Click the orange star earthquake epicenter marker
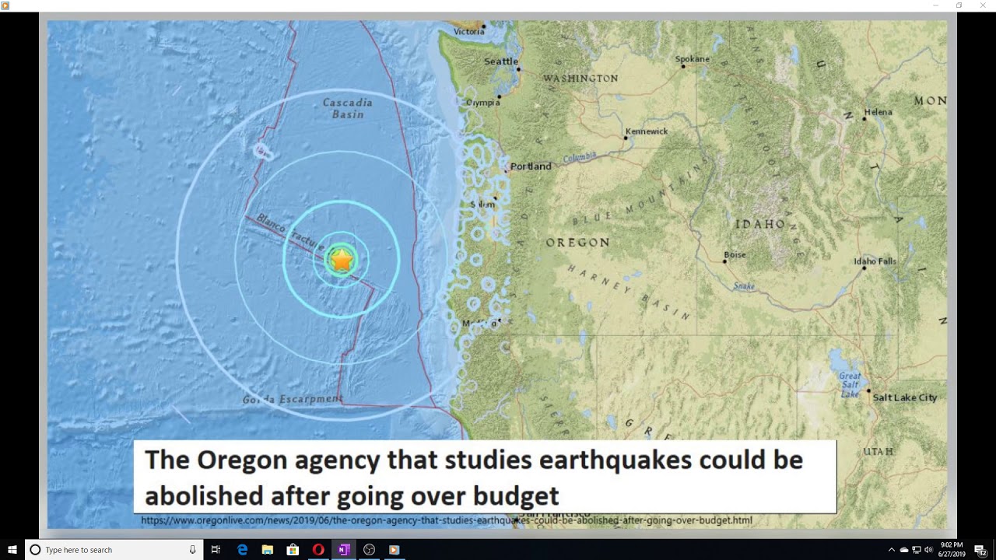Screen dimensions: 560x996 click(342, 261)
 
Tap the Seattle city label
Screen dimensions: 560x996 click(500, 61)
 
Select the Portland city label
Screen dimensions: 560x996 click(531, 166)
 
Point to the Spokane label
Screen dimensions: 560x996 click(692, 59)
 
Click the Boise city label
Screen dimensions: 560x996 click(735, 255)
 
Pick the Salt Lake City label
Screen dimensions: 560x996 click(904, 397)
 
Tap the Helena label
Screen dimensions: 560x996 click(878, 112)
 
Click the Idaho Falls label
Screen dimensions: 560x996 click(875, 261)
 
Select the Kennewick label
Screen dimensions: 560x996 click(647, 131)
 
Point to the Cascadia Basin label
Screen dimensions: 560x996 click(347, 108)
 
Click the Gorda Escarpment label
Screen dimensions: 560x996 click(292, 400)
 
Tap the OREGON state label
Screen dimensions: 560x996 click(577, 243)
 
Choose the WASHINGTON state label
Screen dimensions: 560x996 click(580, 79)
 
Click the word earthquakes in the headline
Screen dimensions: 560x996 click(615, 460)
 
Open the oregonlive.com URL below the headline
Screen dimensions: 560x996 click(446, 520)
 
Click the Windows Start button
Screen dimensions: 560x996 click(12, 550)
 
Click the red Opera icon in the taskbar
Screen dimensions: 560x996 click(317, 550)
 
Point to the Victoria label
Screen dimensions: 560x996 click(468, 32)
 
